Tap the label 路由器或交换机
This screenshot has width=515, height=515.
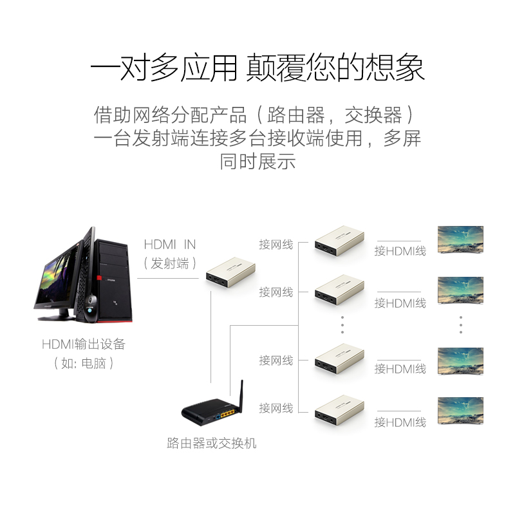coord(211,443)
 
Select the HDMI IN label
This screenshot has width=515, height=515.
coord(169,245)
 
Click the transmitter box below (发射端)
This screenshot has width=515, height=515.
coord(230,270)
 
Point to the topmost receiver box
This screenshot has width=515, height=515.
coord(339,239)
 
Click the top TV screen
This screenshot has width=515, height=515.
coord(460,239)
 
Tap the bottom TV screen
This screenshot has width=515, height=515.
coord(460,410)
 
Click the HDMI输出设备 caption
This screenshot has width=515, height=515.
coord(84,344)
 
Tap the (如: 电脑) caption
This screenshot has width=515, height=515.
coord(84,363)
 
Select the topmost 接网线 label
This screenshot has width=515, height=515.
coord(276,245)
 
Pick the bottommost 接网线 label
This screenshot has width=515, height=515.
coord(276,408)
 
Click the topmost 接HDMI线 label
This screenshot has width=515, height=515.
coord(400,251)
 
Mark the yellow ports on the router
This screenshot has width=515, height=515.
coord(226,415)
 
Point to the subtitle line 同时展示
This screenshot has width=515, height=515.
coord(257,161)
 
